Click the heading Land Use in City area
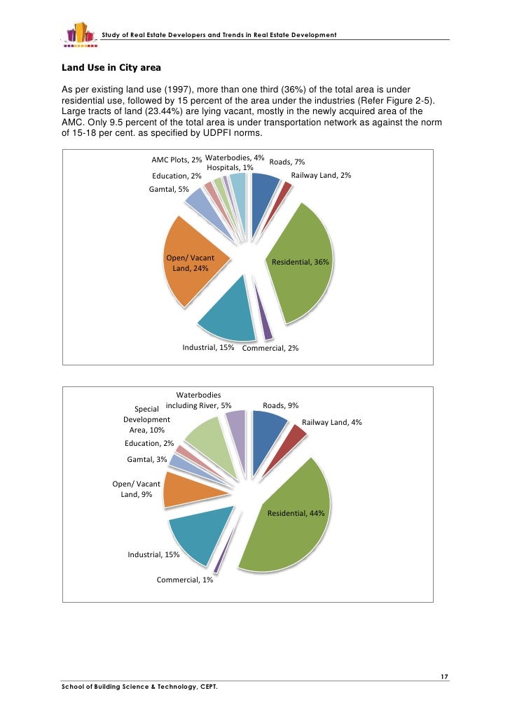pyautogui.click(x=111, y=68)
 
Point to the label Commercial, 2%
pyautogui.click(x=270, y=348)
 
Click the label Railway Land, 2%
pyautogui.click(x=321, y=175)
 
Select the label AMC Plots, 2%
pyautogui.click(x=177, y=161)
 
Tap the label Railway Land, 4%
pyautogui.click(x=331, y=422)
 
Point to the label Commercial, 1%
pyautogui.click(x=185, y=580)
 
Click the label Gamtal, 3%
pyautogui.click(x=147, y=459)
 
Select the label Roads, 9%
pyautogui.click(x=280, y=405)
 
